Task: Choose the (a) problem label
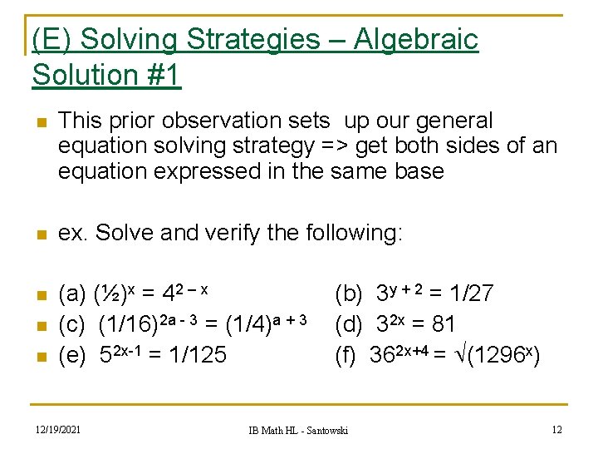pyautogui.click(x=72, y=294)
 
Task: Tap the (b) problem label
pyautogui.click(x=348, y=294)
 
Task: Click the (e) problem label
pyautogui.click(x=72, y=355)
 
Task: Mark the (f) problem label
pyautogui.click(x=346, y=355)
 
